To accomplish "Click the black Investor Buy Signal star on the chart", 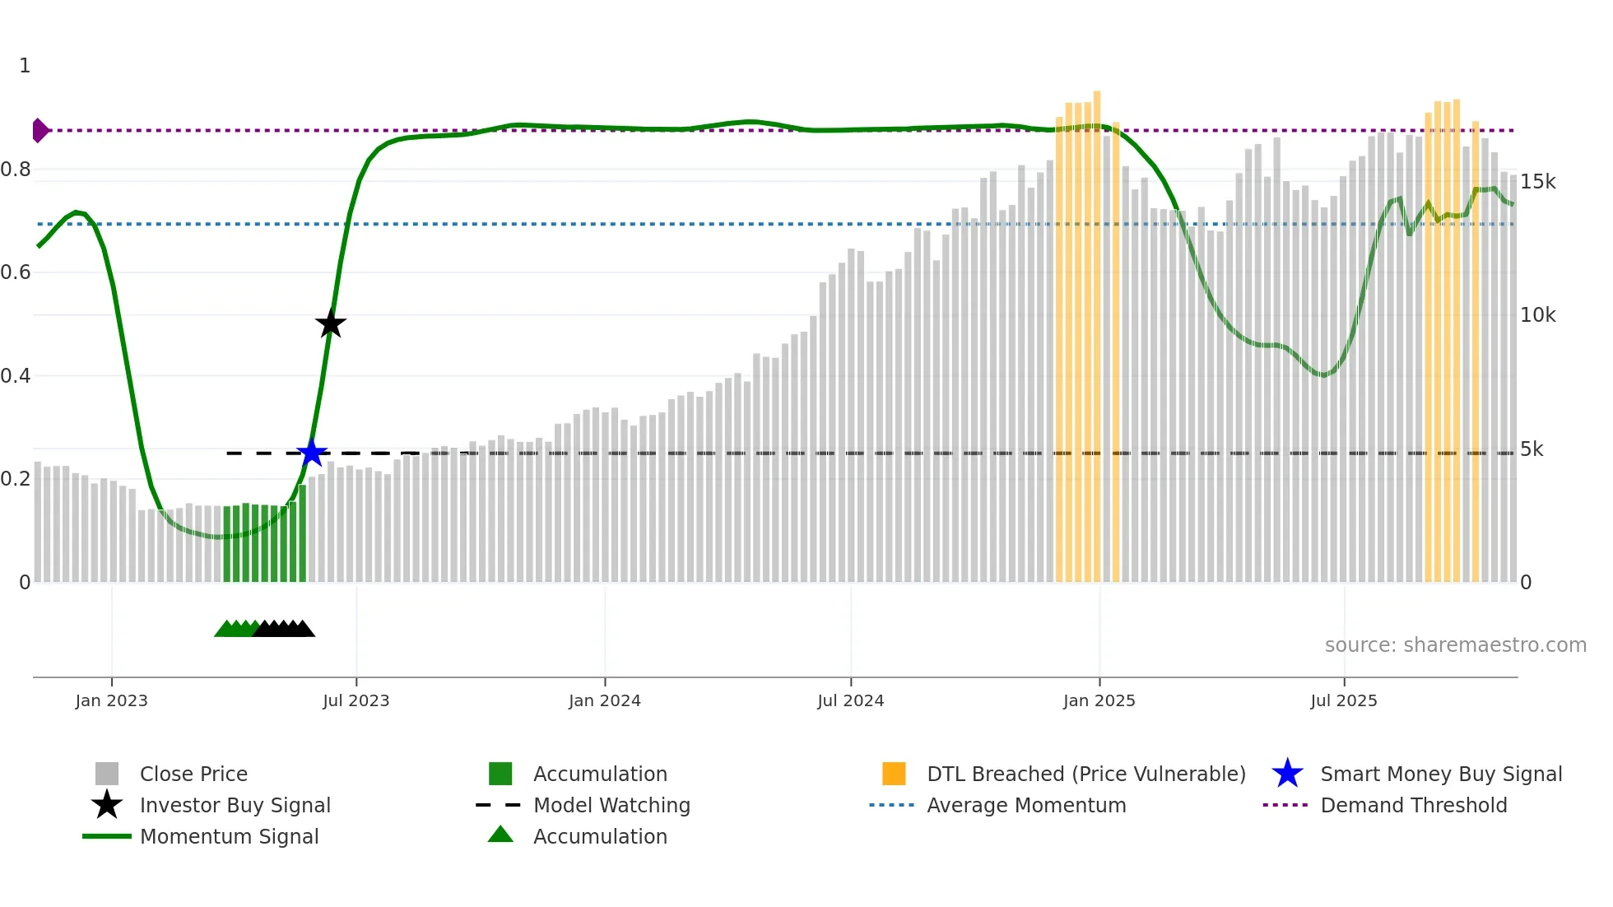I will coord(331,324).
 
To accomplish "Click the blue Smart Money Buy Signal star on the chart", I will coord(312,453).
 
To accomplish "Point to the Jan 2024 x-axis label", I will coord(604,700).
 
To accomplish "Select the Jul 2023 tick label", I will coord(356,700).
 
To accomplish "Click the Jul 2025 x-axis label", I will coord(1343,700).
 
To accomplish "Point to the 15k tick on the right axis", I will coord(1537,181).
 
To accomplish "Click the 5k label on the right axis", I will coord(1532,449).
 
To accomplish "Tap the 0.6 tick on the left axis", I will coord(16,272).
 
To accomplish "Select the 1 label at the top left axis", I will coord(25,66).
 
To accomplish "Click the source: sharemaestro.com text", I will coord(1455,644).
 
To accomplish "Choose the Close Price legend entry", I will coord(193,774).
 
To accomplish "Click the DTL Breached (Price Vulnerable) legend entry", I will coord(1085,774).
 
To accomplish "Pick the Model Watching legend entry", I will coord(611,805).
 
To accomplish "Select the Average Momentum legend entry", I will coord(1025,805).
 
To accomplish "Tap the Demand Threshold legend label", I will coord(1413,805).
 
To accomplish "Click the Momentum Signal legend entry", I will coord(229,836).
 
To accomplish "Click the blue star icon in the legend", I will coord(1287,774).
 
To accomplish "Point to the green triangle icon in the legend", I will coord(500,835).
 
